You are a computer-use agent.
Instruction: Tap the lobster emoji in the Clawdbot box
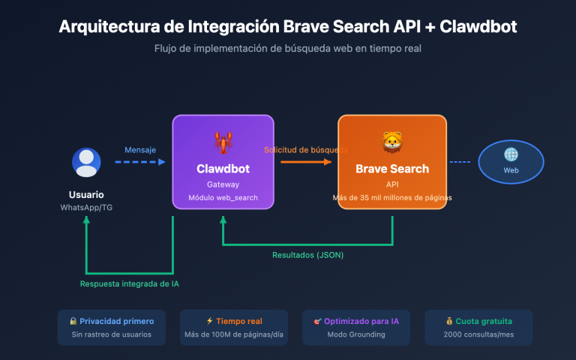point(223,141)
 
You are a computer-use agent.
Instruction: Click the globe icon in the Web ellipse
point(511,154)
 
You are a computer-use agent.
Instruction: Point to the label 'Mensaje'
point(140,150)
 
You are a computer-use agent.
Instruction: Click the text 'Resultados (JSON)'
point(307,255)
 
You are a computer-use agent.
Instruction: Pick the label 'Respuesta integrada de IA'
point(130,283)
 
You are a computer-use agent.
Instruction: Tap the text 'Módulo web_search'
point(223,197)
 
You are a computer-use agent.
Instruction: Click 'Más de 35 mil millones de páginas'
point(391,198)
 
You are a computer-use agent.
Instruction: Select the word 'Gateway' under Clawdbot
point(223,184)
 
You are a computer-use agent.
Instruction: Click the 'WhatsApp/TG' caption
point(86,207)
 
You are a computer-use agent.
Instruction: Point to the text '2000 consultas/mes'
point(478,334)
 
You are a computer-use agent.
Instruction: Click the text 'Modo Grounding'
point(356,334)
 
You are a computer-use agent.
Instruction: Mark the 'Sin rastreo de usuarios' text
point(111,334)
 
